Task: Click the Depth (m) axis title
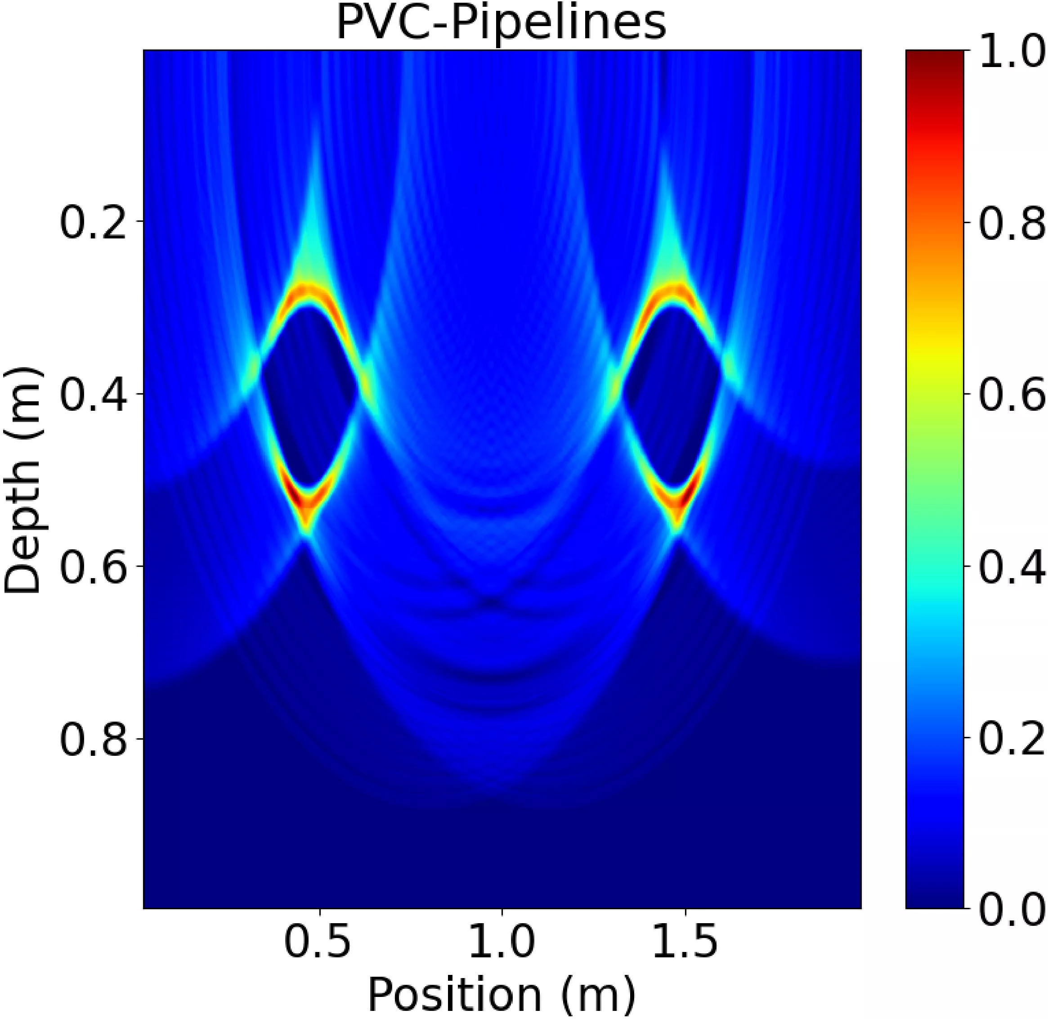22,480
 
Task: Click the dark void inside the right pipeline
672,393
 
